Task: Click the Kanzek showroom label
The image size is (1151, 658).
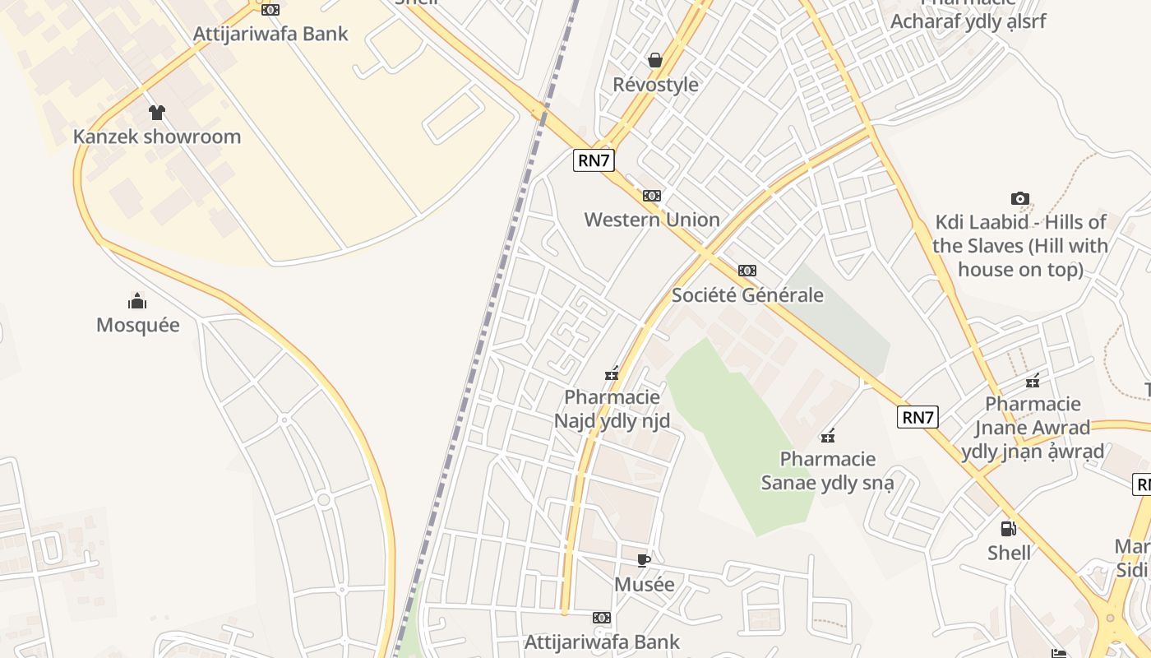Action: click(157, 137)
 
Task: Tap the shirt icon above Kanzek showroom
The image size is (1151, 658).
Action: click(156, 113)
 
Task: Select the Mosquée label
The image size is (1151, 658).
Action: click(138, 325)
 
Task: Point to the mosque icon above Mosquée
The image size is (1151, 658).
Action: click(137, 301)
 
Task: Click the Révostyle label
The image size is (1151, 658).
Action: click(655, 85)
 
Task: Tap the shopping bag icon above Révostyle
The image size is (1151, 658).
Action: click(655, 60)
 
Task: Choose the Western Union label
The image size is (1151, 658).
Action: click(652, 220)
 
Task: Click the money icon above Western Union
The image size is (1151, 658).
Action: click(652, 196)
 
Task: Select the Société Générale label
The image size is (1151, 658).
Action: click(747, 294)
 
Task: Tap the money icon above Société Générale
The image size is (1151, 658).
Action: click(747, 271)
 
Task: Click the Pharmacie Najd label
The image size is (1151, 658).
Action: click(612, 410)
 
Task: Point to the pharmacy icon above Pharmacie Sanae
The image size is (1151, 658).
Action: click(828, 435)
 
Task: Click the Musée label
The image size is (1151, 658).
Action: click(645, 585)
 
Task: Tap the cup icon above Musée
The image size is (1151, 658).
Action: click(644, 561)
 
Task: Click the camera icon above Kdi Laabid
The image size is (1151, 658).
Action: click(1020, 198)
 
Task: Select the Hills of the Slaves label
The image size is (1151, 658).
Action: click(1020, 245)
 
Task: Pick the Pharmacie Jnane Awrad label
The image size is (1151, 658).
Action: click(1033, 428)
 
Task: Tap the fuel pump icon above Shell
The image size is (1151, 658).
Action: click(1009, 529)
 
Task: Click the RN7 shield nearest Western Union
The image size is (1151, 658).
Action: click(594, 160)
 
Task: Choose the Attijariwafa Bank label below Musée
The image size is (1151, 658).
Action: click(602, 642)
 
